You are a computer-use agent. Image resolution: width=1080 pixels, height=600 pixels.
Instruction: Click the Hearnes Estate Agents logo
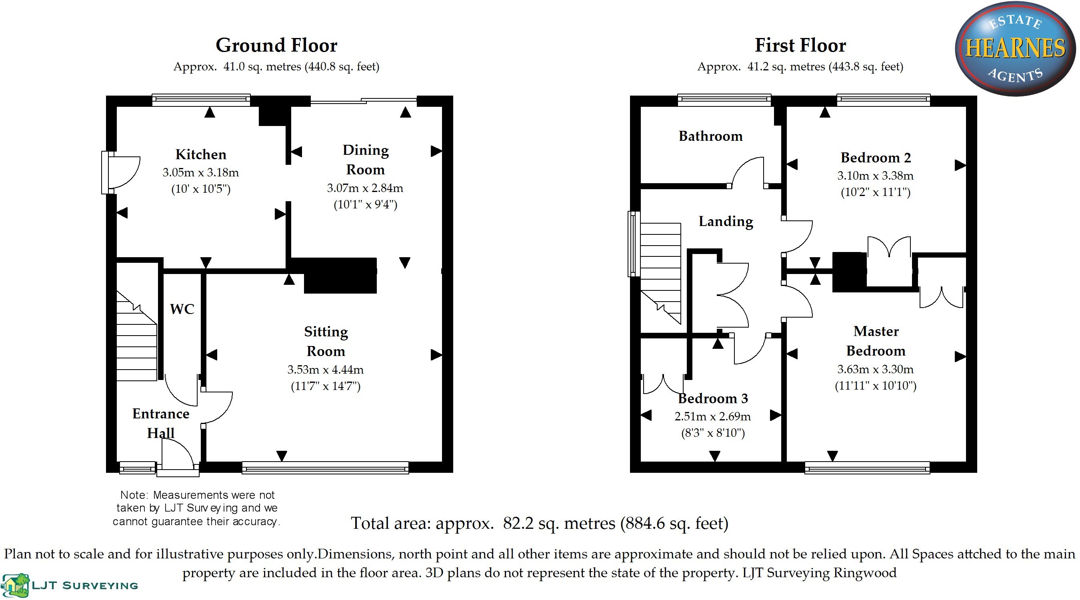[x=1015, y=49]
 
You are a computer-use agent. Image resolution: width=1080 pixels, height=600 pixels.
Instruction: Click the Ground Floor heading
[x=276, y=46]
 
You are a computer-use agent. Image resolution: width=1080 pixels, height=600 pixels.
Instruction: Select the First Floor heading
[x=800, y=46]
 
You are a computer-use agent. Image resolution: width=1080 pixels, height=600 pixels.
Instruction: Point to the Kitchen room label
[x=201, y=154]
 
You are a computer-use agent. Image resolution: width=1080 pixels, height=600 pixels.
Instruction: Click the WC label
[x=182, y=310]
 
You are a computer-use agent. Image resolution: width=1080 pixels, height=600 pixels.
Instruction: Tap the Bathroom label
[x=710, y=136]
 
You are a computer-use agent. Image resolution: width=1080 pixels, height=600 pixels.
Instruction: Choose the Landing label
[x=726, y=221]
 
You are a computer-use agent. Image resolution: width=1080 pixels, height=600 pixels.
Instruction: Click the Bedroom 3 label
[x=713, y=398]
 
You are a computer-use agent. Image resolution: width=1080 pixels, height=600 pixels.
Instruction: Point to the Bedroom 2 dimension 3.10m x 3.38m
[x=876, y=176]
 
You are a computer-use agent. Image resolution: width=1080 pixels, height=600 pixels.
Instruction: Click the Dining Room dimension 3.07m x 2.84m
[x=365, y=188]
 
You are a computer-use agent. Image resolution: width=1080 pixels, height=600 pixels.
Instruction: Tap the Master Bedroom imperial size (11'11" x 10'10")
[x=876, y=386]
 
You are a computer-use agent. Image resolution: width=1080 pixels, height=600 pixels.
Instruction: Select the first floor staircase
[x=660, y=272]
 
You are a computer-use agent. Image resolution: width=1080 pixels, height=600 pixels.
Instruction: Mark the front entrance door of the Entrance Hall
[x=178, y=461]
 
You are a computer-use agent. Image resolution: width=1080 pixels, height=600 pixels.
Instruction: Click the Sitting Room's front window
[x=325, y=468]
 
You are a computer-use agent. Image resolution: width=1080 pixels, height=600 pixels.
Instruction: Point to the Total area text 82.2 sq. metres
[x=539, y=523]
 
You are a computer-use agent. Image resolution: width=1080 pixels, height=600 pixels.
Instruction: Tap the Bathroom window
[x=724, y=99]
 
